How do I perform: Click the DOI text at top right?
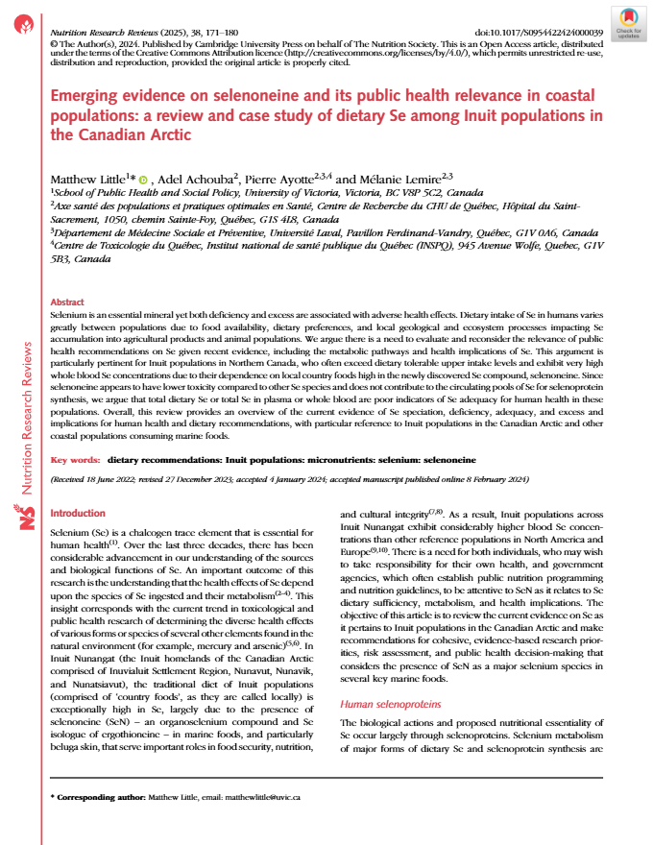541,33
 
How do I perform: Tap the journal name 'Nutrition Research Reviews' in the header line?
94,33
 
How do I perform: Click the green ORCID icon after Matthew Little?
144,180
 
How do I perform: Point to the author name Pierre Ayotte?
276,180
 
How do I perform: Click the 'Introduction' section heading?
77,514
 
